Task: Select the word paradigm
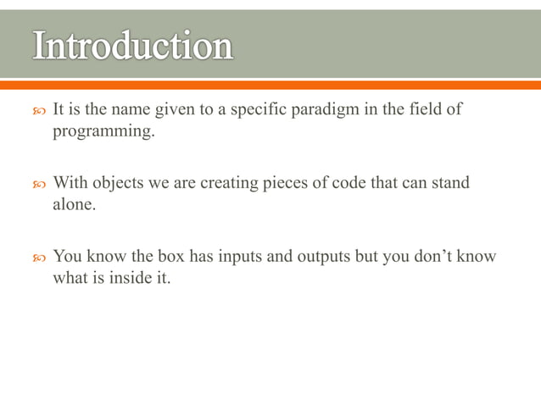coord(326,110)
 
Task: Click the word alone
coord(74,205)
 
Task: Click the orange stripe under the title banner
coord(270,84)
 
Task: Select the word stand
coord(450,183)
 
